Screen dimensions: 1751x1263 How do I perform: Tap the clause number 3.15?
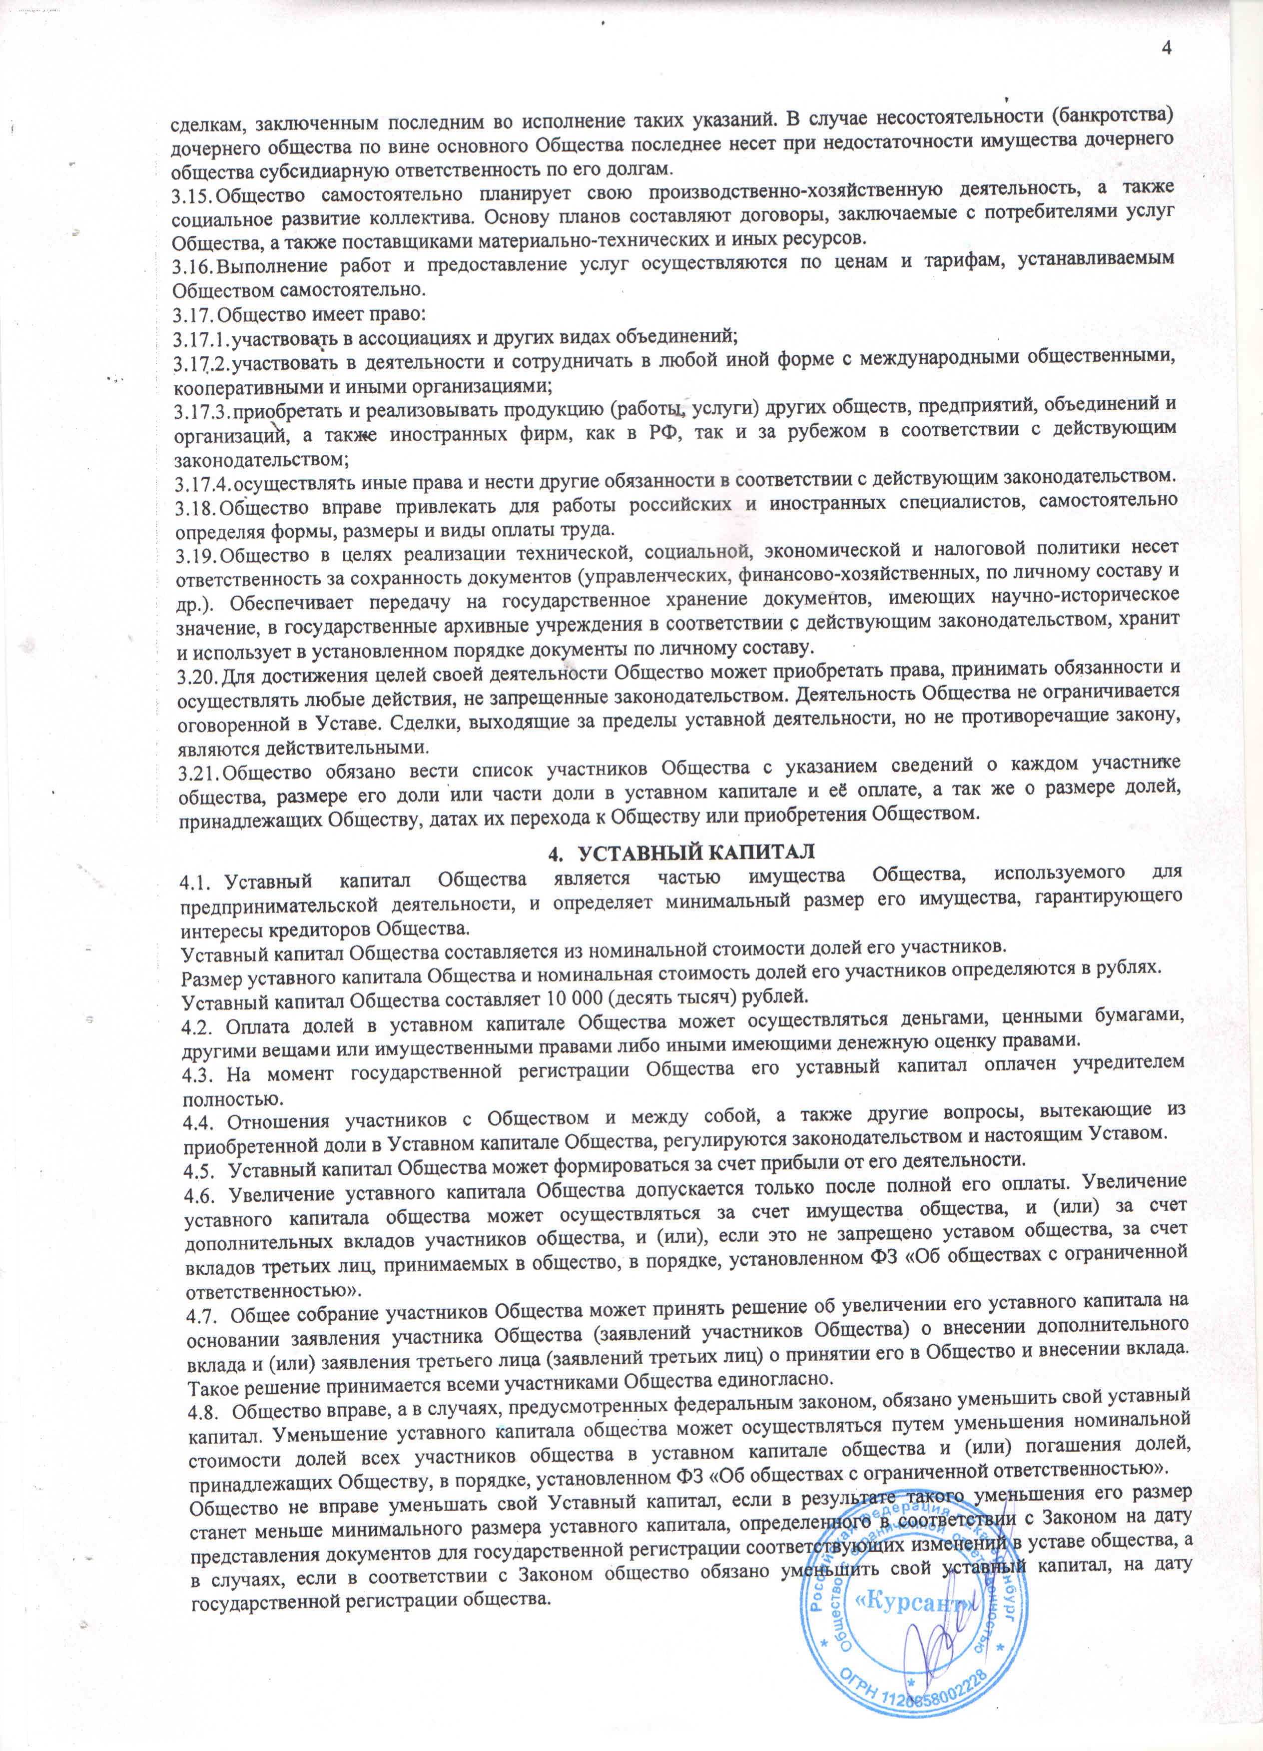[x=191, y=196]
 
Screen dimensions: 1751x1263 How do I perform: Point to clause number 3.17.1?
[x=201, y=338]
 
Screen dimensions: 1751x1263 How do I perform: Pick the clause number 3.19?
[x=196, y=556]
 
